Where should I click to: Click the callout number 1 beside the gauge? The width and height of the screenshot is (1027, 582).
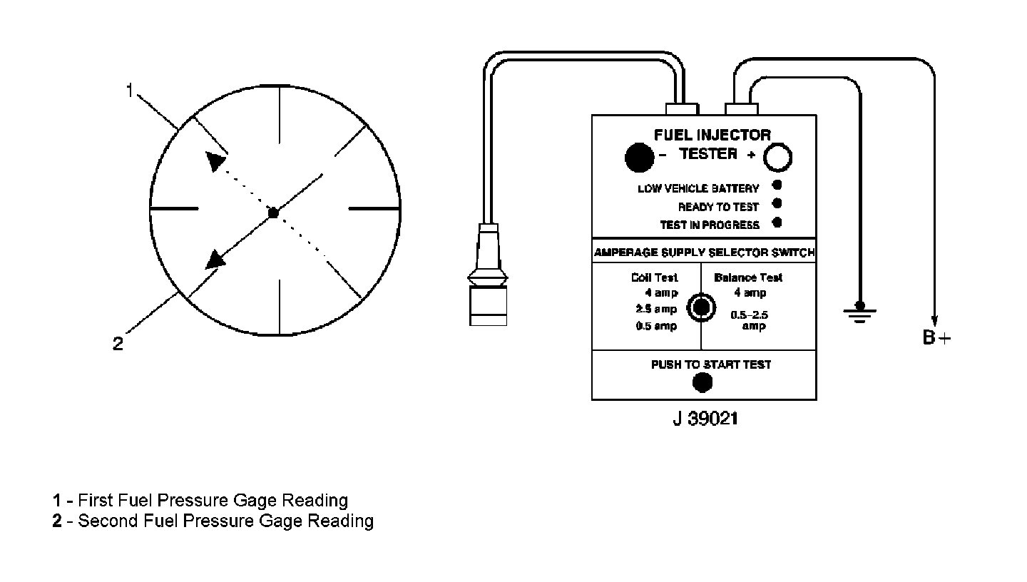(130, 91)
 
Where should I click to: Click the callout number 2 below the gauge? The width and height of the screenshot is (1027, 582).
(118, 344)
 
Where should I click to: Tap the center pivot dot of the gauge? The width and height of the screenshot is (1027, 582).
(272, 213)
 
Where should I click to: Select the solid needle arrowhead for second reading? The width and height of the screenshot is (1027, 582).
(216, 259)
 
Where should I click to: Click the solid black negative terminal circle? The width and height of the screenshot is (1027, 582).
(639, 158)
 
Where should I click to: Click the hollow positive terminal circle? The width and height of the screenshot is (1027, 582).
(778, 158)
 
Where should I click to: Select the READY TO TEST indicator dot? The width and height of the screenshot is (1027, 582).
(777, 204)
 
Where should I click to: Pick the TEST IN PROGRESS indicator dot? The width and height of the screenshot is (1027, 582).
(777, 223)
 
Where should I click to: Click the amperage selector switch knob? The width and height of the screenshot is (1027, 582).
(701, 307)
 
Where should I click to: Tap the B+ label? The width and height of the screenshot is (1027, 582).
(936, 338)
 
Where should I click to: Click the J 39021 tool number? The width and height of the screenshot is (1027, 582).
(705, 419)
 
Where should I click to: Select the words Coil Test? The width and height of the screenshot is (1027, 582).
(654, 277)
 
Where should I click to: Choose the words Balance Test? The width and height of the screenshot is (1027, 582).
(748, 277)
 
